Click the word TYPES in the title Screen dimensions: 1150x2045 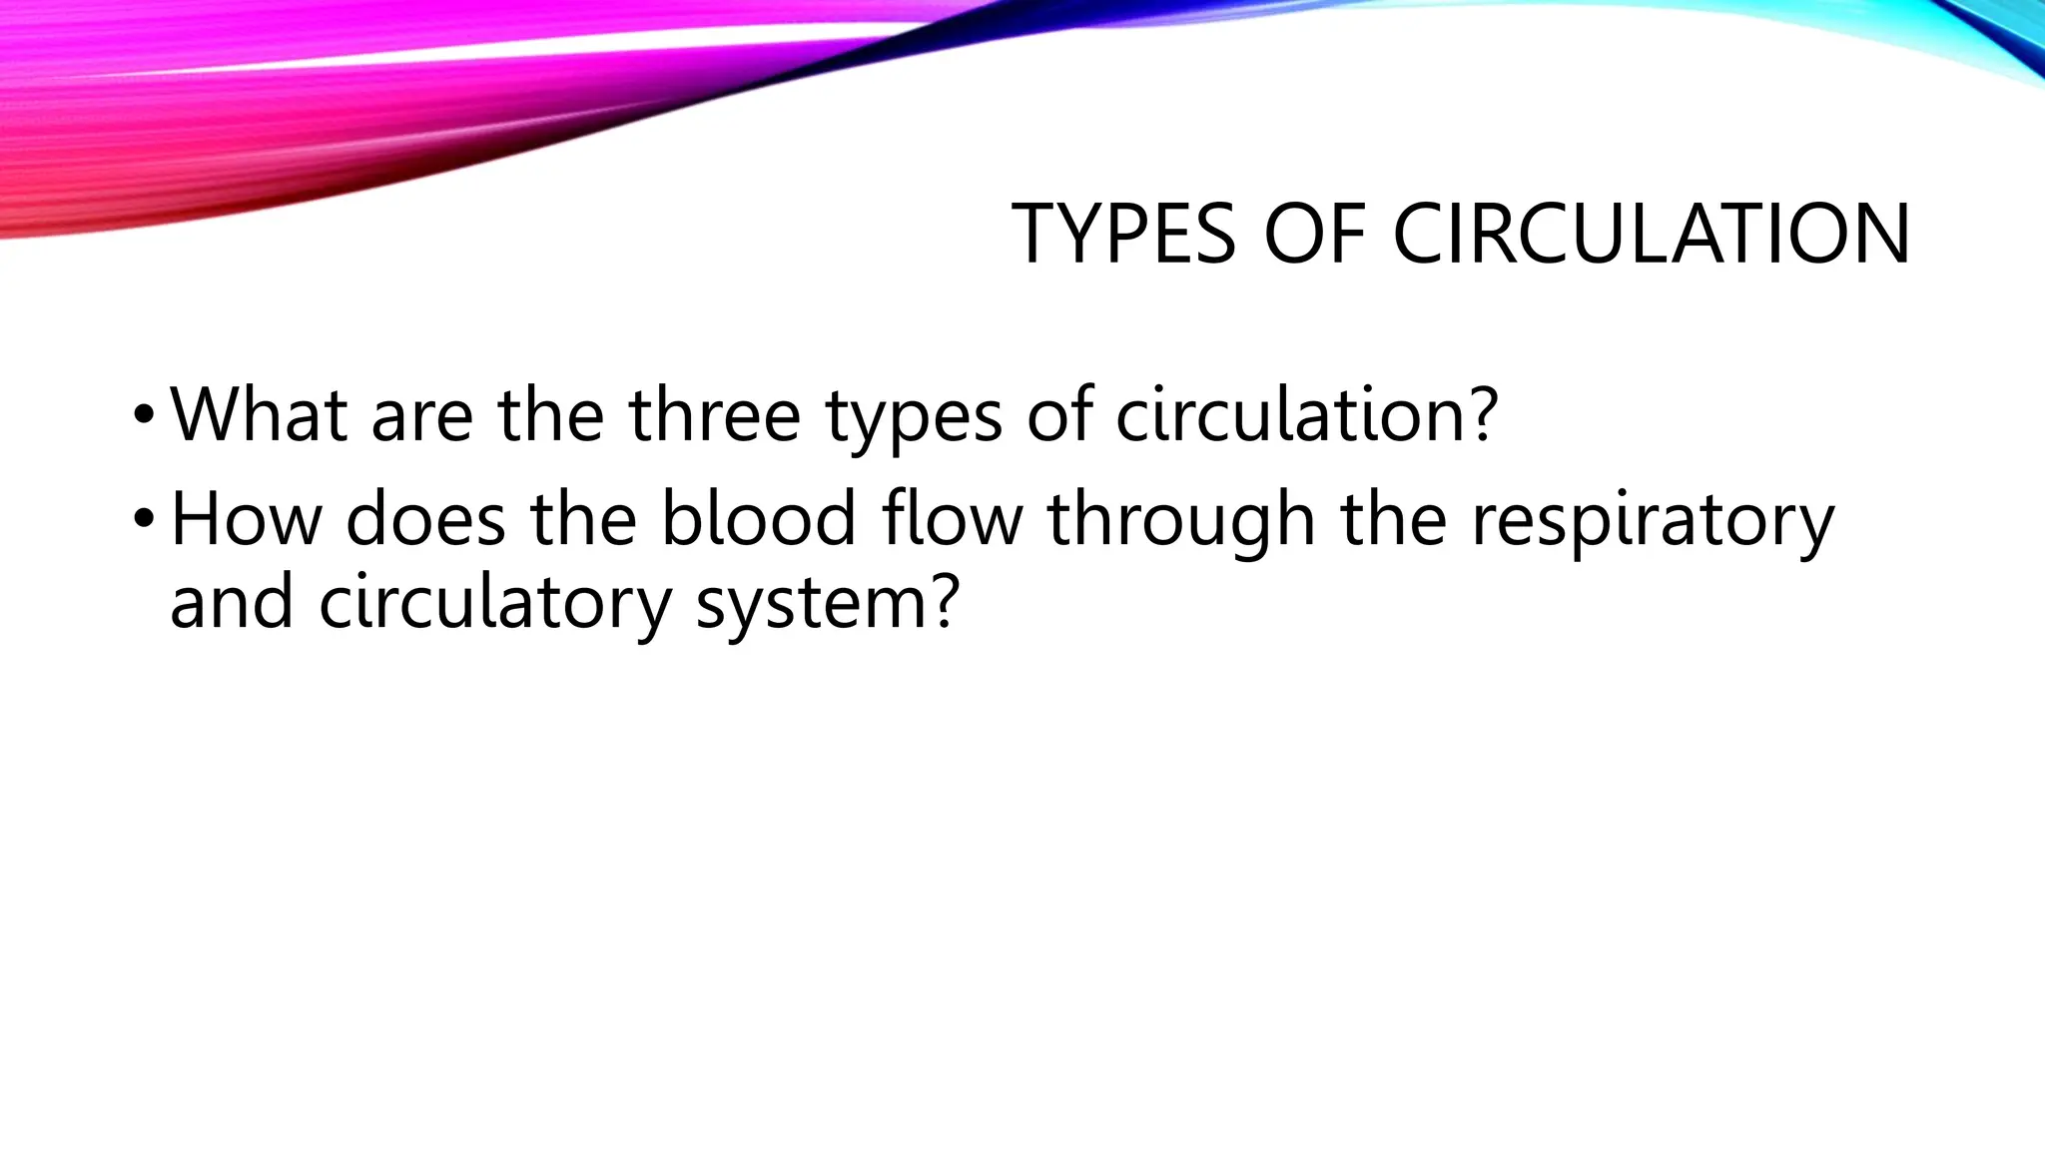1124,234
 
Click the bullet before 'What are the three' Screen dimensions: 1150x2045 144,413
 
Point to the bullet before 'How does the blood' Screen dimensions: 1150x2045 144,518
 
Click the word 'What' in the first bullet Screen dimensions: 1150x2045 259,413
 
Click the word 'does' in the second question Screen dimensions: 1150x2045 425,518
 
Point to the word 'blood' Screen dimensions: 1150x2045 759,518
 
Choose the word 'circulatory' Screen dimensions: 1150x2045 495,605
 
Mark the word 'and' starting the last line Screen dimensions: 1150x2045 232,603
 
